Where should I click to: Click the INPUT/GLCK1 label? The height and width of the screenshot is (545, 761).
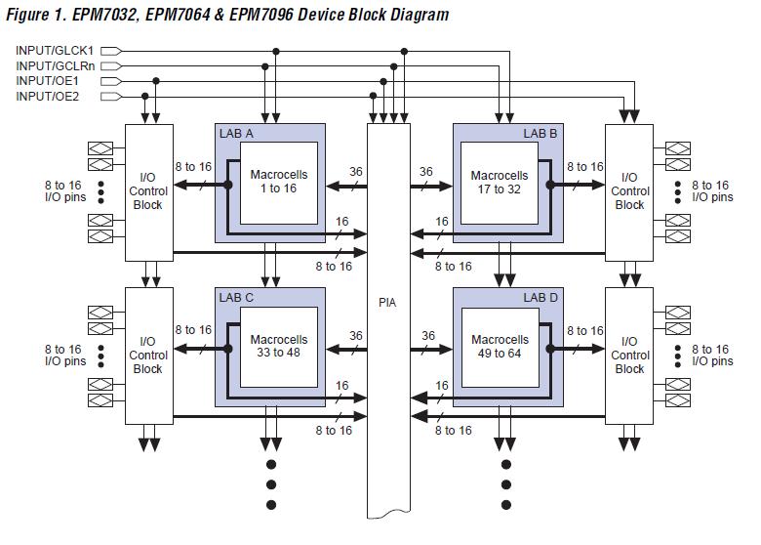[x=55, y=51]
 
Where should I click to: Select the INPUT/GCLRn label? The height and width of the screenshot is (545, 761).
[x=55, y=65]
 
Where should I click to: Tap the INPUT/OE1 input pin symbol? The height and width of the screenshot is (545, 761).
[x=111, y=81]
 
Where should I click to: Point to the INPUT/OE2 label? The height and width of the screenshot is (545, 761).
[x=47, y=96]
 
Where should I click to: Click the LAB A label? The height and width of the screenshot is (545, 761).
[x=236, y=134]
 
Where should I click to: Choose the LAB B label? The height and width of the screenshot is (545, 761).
[x=540, y=133]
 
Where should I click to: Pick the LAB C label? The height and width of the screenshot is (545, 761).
[x=236, y=297]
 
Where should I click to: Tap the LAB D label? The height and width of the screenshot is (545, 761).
[x=541, y=297]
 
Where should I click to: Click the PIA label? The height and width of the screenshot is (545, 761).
[x=387, y=303]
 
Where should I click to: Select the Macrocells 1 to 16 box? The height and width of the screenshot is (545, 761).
[x=279, y=183]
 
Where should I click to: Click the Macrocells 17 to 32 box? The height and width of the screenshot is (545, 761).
[x=500, y=183]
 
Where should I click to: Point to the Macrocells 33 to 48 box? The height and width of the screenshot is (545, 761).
[x=279, y=348]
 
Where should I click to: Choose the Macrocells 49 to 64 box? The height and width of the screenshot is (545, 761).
[x=500, y=348]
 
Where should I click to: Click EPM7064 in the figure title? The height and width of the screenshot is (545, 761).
[x=178, y=15]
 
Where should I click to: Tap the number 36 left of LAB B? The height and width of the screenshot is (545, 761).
[x=426, y=172]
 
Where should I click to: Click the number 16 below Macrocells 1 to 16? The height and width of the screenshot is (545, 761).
[x=342, y=222]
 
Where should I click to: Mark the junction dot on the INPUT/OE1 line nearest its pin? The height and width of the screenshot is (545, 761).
[x=156, y=81]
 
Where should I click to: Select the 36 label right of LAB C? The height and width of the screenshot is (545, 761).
[x=356, y=336]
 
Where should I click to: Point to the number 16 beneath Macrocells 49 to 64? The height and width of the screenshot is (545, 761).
[x=442, y=386]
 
